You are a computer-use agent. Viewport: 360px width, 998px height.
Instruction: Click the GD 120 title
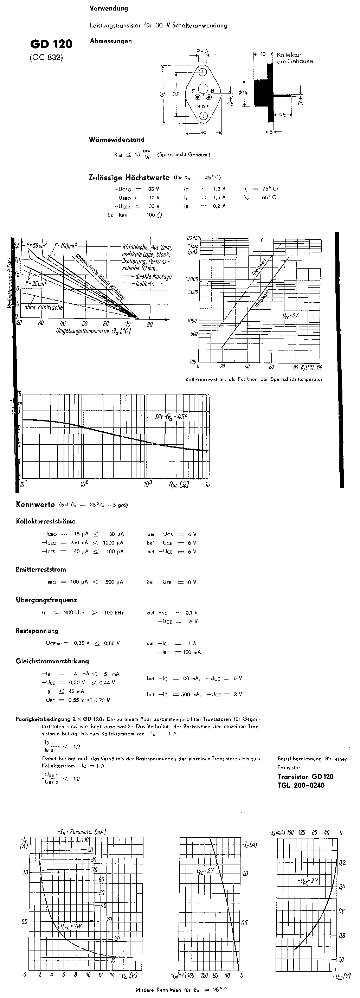point(51,44)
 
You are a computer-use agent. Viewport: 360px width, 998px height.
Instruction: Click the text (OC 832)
point(46,58)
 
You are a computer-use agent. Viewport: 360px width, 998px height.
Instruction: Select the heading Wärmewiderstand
point(116,140)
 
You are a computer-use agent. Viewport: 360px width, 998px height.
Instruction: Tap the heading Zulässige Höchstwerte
point(129,178)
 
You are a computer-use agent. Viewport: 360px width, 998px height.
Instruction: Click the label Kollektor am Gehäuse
point(295,58)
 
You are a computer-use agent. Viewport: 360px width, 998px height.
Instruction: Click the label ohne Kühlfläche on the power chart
point(43,307)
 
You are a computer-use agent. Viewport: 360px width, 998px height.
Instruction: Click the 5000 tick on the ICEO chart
point(193,292)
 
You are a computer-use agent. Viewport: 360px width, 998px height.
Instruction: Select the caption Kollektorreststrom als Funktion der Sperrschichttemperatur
point(254,379)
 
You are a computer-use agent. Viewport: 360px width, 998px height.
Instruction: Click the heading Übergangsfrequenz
point(46,600)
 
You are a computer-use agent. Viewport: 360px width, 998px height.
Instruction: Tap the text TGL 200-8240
point(301,785)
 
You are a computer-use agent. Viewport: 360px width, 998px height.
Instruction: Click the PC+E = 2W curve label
point(71,926)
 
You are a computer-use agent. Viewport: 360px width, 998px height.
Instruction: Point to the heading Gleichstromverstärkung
point(52,661)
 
